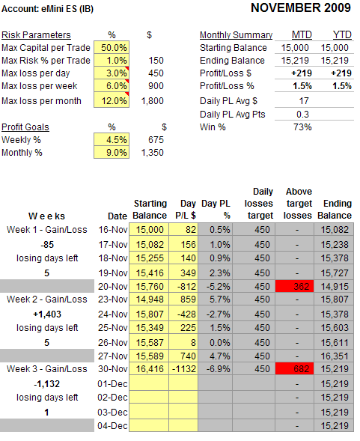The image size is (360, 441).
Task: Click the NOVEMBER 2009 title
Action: pyautogui.click(x=301, y=8)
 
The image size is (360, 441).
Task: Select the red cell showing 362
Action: pyautogui.click(x=294, y=286)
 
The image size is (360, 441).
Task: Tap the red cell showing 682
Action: pyautogui.click(x=294, y=368)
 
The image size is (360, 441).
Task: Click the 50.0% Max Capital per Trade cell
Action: pyautogui.click(x=112, y=47)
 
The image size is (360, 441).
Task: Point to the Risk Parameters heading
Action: pyautogui.click(x=36, y=35)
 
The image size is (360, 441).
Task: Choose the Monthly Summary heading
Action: pyautogui.click(x=236, y=35)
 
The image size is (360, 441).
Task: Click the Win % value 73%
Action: pyautogui.click(x=302, y=127)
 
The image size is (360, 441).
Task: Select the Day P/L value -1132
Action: pyautogui.click(x=183, y=368)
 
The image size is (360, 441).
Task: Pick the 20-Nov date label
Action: pyautogui.click(x=113, y=286)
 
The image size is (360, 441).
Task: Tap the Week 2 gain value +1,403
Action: pyautogui.click(x=47, y=314)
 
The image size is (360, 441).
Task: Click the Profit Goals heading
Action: pyautogui.click(x=25, y=127)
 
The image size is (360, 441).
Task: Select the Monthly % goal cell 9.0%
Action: pyautogui.click(x=112, y=153)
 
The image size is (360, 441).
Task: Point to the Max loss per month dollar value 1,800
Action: pyautogui.click(x=152, y=100)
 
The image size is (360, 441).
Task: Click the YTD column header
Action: pyautogui.click(x=342, y=35)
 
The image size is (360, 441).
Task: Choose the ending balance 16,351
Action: pyautogui.click(x=335, y=356)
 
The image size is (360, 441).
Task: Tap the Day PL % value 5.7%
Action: pyautogui.click(x=219, y=299)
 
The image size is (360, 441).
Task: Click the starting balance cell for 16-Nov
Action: pyautogui.click(x=149, y=230)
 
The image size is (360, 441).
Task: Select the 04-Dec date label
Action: pyautogui.click(x=112, y=426)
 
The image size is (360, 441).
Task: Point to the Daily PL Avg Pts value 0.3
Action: pyautogui.click(x=302, y=115)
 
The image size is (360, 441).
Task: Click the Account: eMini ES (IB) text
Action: pyautogui.click(x=47, y=9)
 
